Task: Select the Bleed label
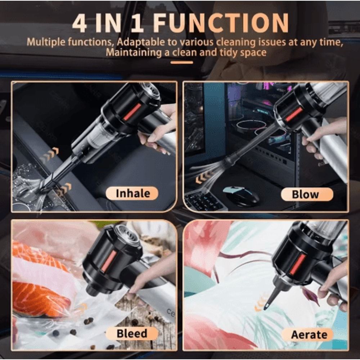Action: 132,333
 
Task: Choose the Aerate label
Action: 309,334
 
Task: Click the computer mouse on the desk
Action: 241,196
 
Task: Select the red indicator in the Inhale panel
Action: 132,112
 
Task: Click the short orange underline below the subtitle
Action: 182,63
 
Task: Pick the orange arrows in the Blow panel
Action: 204,177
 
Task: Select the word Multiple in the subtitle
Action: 46,42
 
